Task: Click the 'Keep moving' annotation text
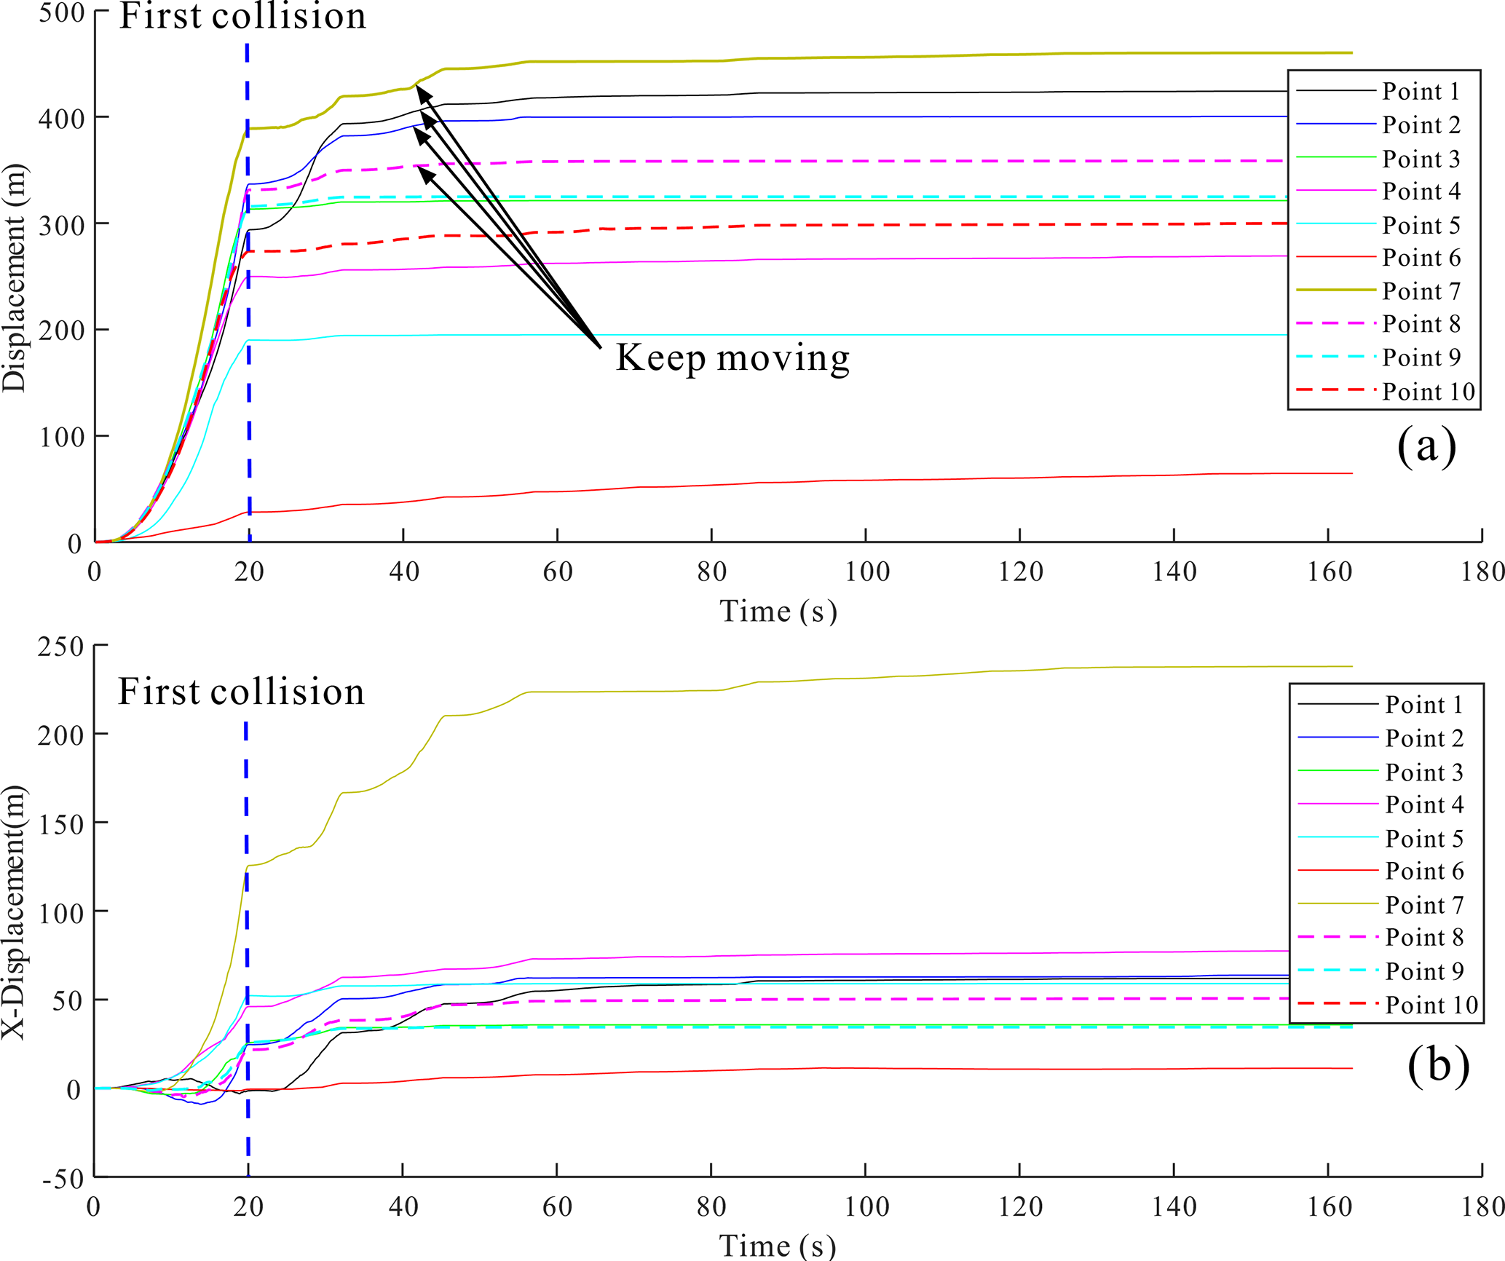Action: click(x=732, y=358)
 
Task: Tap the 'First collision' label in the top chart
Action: click(x=242, y=16)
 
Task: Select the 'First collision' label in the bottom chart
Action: click(x=241, y=692)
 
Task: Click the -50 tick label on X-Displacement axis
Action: click(x=63, y=1179)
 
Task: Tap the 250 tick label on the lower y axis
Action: click(x=61, y=647)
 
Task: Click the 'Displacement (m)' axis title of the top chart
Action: click(x=15, y=279)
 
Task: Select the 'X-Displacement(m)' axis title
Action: click(x=15, y=912)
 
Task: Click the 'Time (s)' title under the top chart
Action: click(x=778, y=611)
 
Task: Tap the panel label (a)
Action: click(x=1426, y=446)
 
